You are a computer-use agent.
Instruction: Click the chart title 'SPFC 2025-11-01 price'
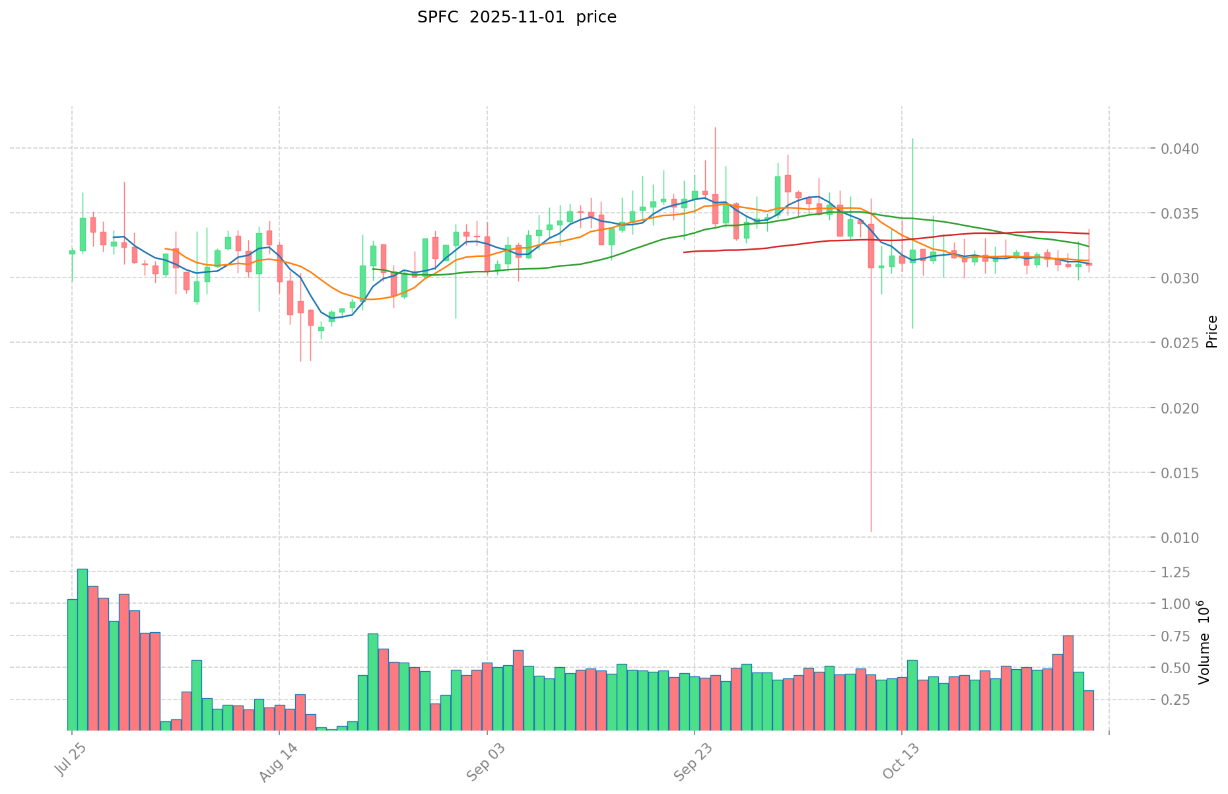coord(516,17)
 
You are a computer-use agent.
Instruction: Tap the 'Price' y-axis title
coord(1211,332)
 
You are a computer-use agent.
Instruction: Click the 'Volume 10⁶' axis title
coord(1204,642)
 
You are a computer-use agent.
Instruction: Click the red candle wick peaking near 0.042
coord(715,152)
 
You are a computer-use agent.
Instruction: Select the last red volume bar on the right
coord(1089,710)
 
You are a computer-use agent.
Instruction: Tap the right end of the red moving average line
coord(1088,233)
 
